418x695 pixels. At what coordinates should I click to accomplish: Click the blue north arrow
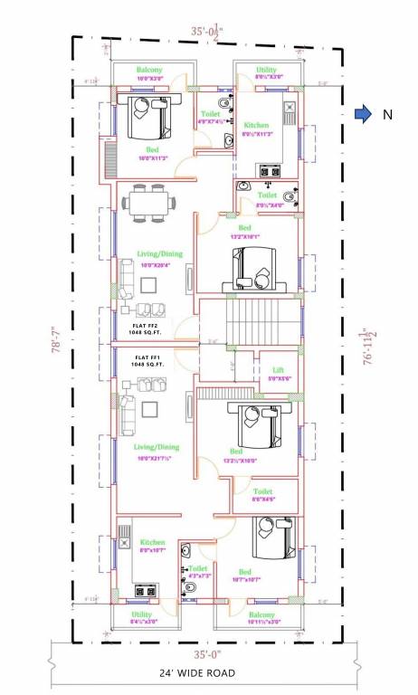click(362, 114)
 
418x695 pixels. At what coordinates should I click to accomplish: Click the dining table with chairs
click(147, 204)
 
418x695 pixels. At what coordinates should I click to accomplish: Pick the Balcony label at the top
click(149, 70)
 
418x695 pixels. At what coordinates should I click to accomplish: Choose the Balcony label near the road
click(264, 615)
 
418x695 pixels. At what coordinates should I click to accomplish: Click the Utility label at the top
click(266, 70)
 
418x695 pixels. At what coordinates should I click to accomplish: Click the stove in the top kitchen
click(270, 170)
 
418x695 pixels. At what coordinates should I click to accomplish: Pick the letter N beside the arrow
click(386, 114)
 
